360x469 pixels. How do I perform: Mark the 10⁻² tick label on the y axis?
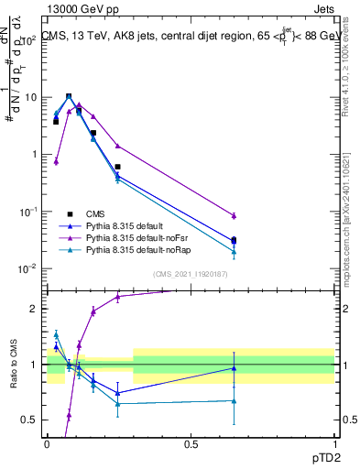pos(30,268)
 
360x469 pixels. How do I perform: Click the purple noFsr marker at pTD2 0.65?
pos(234,215)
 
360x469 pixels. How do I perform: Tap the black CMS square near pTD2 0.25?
pos(117,167)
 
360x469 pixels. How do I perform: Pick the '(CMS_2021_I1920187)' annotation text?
pos(191,274)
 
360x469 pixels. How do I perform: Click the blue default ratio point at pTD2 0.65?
pos(234,368)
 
